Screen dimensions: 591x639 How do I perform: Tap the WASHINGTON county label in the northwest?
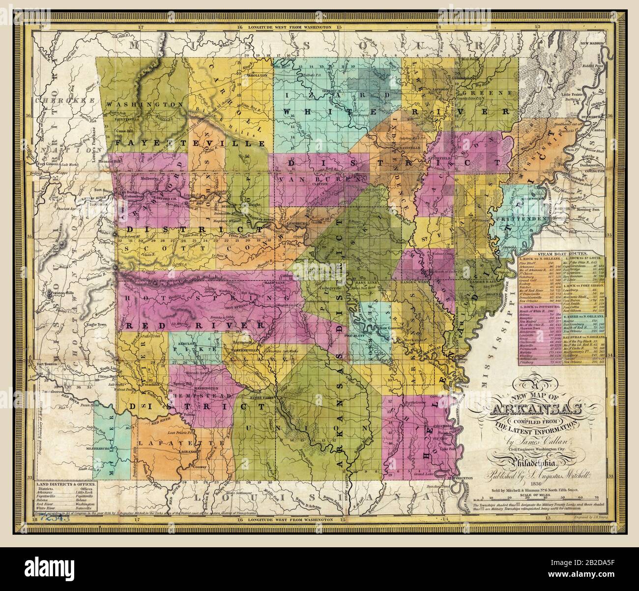[138, 105]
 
